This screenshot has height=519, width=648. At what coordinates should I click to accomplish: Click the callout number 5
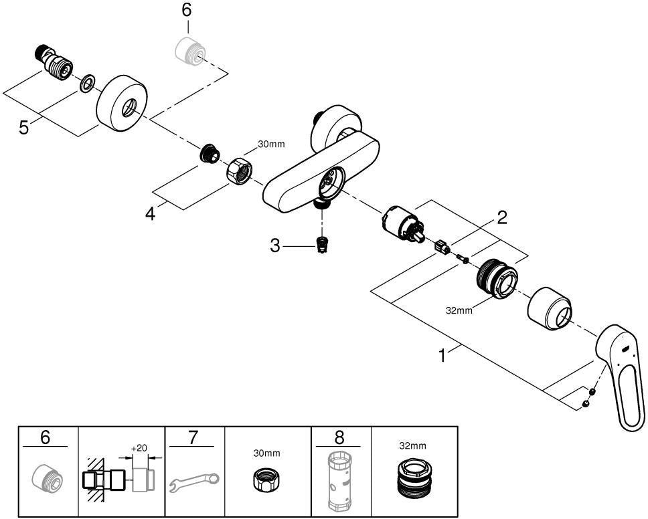[24, 127]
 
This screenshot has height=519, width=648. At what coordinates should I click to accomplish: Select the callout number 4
[151, 213]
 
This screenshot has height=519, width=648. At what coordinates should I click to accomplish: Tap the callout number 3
[275, 246]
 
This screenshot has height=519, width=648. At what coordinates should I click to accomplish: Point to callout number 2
[502, 217]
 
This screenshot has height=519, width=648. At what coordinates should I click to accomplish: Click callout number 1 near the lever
[442, 356]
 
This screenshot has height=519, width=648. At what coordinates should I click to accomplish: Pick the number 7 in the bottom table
[193, 437]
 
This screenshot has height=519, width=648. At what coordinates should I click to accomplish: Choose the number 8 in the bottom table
[339, 437]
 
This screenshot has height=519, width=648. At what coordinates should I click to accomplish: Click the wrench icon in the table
[194, 482]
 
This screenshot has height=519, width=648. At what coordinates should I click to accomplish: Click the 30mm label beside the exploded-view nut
[272, 144]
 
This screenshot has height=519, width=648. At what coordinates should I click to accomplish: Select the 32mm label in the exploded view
[459, 310]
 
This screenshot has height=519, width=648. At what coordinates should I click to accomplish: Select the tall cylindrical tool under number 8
[339, 482]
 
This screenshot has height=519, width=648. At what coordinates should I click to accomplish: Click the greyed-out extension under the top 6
[189, 50]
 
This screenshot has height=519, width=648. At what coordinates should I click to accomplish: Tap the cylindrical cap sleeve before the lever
[550, 308]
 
